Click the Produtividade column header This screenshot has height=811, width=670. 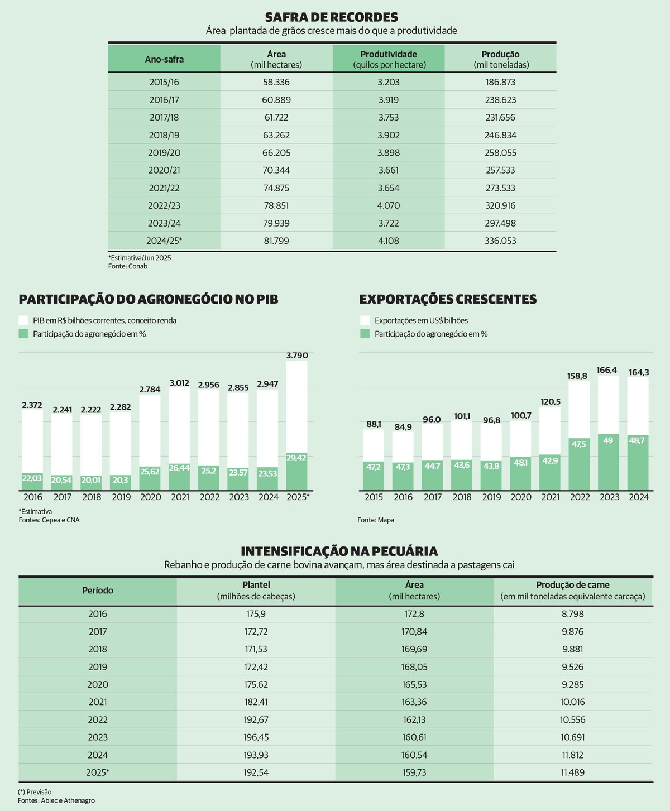[x=389, y=59]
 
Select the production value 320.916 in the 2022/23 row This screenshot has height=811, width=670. [x=500, y=205]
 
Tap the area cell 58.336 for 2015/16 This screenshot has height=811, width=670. [x=276, y=83]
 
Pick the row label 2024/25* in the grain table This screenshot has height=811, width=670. [x=164, y=241]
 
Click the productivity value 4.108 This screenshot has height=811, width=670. [x=389, y=241]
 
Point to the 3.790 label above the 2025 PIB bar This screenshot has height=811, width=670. [x=297, y=356]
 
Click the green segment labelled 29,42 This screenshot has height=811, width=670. [x=296, y=471]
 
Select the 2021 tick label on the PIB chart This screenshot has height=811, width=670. [x=180, y=497]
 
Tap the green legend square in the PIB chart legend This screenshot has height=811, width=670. [x=23, y=334]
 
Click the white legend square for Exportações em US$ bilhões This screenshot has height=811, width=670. [x=365, y=320]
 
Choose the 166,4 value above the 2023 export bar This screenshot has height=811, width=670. [x=607, y=370]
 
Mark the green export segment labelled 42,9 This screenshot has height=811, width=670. [x=550, y=472]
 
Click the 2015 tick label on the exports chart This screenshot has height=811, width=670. [x=374, y=497]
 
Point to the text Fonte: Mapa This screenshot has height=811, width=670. [x=376, y=520]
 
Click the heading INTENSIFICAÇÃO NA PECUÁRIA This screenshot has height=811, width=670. [x=339, y=551]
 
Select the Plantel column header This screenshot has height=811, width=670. [x=256, y=591]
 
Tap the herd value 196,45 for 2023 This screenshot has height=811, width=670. [x=256, y=737]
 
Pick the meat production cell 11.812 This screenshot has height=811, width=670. [x=572, y=755]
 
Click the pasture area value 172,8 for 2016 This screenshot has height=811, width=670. [x=414, y=613]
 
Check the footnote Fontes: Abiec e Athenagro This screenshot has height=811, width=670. [x=56, y=800]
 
